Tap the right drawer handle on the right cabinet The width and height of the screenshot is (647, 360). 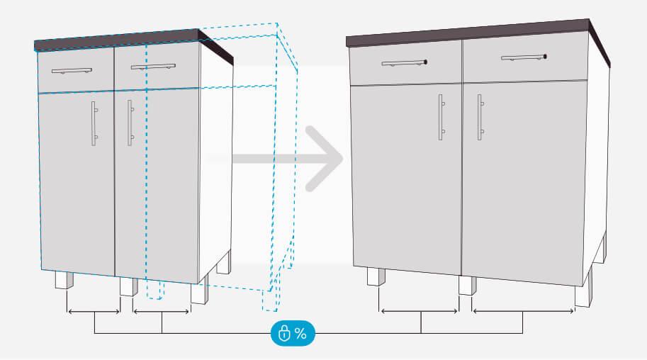coord(524,57)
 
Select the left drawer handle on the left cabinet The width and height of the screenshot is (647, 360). coord(72,71)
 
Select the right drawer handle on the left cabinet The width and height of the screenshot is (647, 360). coord(152,67)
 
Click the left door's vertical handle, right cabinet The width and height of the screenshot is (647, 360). coord(441,114)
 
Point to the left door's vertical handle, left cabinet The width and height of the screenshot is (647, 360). coord(94,124)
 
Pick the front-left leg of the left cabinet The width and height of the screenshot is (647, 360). coord(64,281)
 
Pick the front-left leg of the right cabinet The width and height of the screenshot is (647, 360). coord(376,276)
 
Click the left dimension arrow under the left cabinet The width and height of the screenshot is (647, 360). coord(93,312)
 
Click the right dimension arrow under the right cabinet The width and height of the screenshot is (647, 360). coord(523,310)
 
